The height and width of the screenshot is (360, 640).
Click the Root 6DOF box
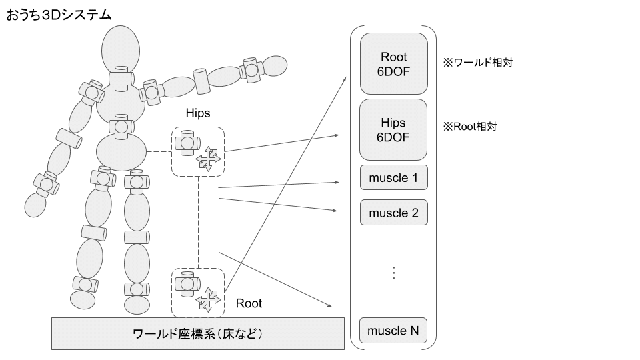[x=393, y=63]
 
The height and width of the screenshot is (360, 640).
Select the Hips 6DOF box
[x=393, y=130]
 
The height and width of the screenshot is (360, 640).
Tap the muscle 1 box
[x=393, y=179]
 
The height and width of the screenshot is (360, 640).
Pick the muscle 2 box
[x=393, y=213]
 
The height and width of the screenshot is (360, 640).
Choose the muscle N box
[x=393, y=331]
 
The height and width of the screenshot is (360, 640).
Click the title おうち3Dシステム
[x=59, y=14]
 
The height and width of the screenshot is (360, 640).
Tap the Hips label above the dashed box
[x=197, y=113]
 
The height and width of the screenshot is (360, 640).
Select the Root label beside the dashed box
[x=249, y=303]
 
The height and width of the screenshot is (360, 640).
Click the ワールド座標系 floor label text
[x=198, y=333]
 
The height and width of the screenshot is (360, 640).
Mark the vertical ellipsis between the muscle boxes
[x=393, y=273]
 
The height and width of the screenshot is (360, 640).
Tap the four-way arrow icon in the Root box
[x=207, y=300]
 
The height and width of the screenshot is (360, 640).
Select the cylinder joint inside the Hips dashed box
[x=187, y=141]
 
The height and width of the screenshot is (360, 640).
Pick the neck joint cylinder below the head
[x=121, y=77]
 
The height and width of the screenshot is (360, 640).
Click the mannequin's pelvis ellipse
[x=121, y=151]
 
